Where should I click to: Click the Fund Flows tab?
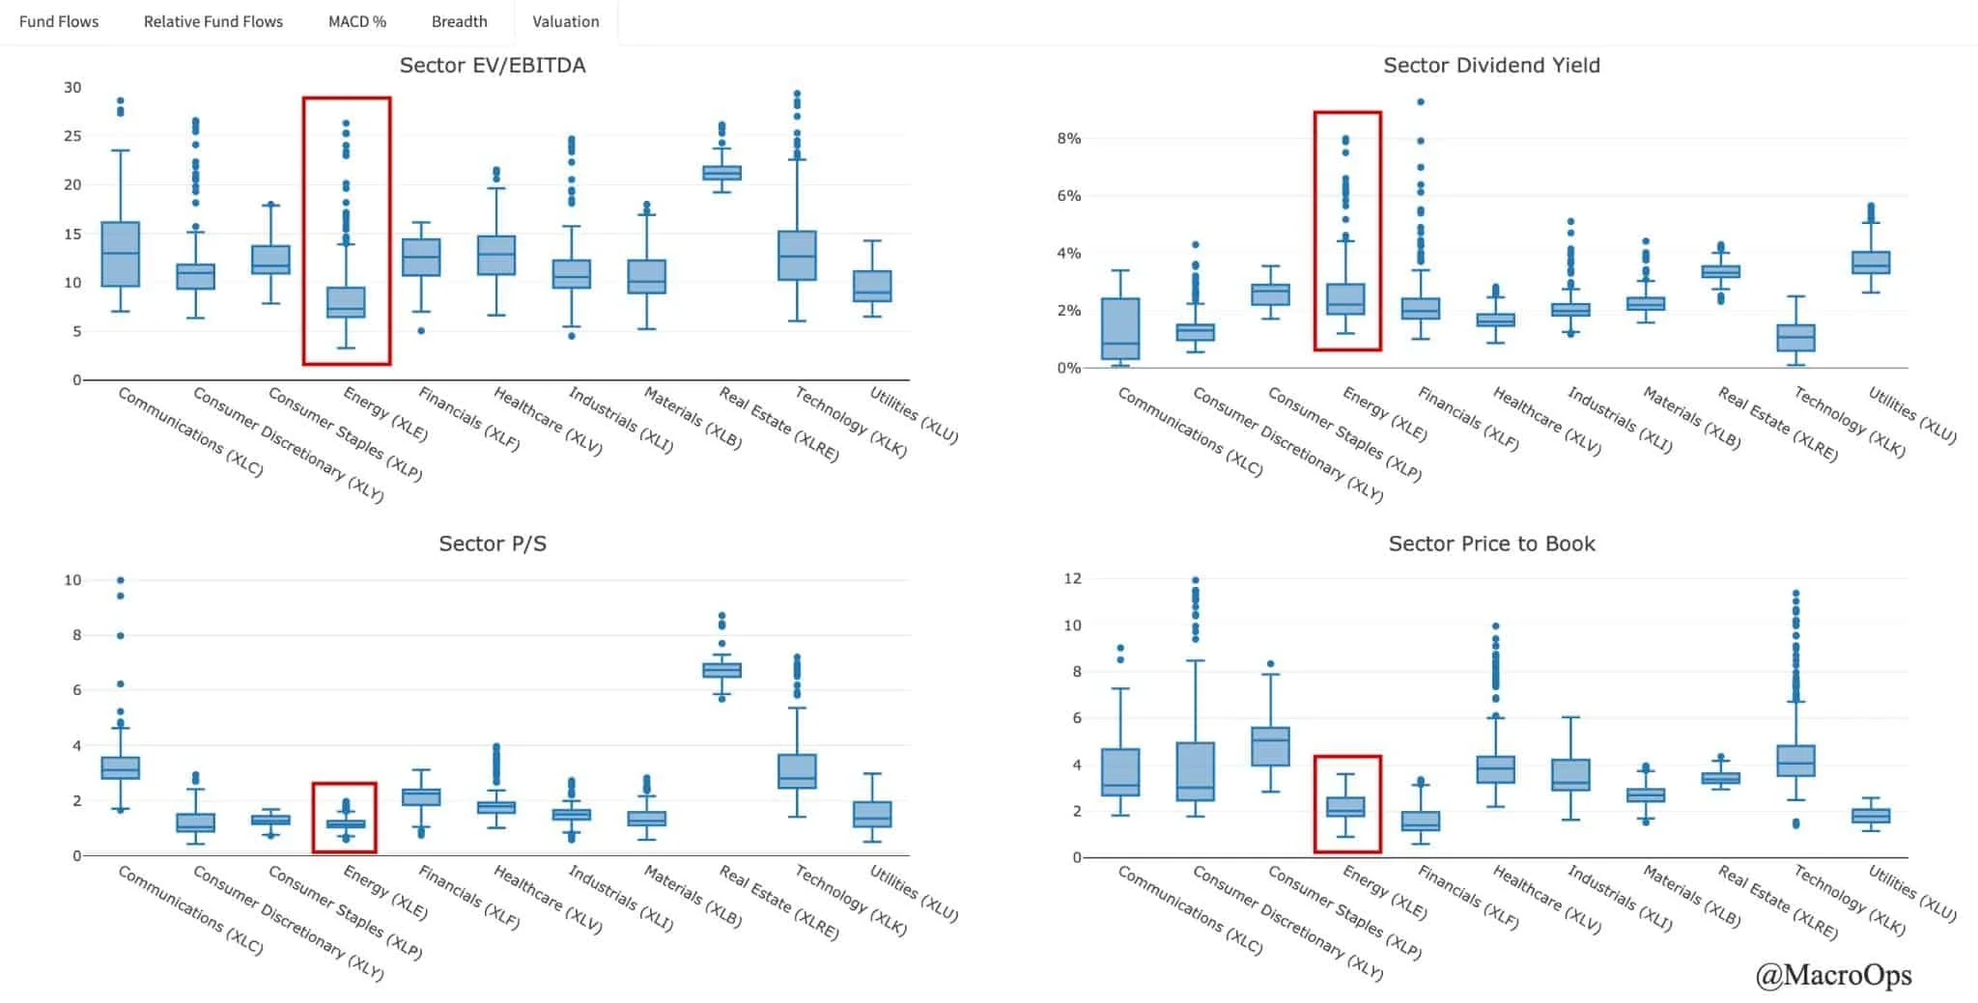(x=59, y=21)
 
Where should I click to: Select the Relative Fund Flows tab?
(x=213, y=21)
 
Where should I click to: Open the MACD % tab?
(x=357, y=21)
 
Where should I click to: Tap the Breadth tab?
(x=460, y=21)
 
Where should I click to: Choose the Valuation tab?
(x=566, y=21)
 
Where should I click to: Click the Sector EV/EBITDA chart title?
(x=493, y=66)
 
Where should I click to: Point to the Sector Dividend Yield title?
(x=1491, y=66)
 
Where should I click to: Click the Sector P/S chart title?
(x=493, y=543)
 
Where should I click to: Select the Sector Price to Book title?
(x=1491, y=543)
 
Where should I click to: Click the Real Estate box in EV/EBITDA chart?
(x=721, y=173)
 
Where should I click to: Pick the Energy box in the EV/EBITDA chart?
(x=346, y=301)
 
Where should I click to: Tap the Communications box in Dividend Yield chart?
(x=1120, y=329)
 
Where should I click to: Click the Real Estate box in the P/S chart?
(x=721, y=669)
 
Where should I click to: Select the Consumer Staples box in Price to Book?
(x=1270, y=746)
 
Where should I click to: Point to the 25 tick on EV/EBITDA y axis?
(x=72, y=136)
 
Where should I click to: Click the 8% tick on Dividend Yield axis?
(x=1068, y=138)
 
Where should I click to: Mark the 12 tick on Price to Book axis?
(x=1072, y=578)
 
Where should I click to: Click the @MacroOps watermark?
(x=1833, y=975)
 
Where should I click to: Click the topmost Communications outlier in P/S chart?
(x=121, y=580)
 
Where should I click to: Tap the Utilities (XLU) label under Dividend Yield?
(x=1912, y=415)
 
